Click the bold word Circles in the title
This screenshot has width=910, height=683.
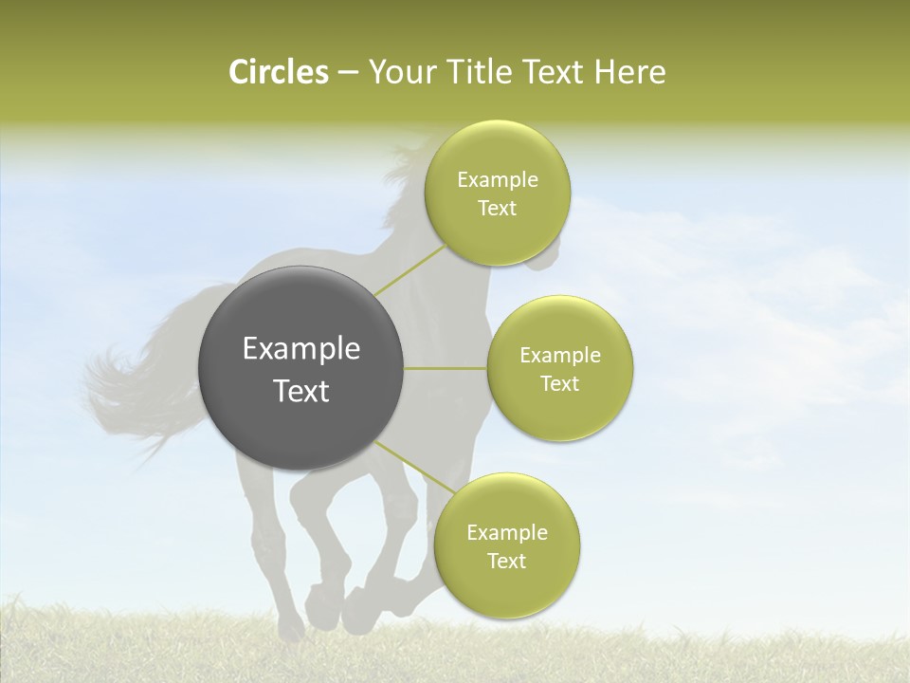pyautogui.click(x=278, y=72)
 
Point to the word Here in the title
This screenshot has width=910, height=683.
pyautogui.click(x=629, y=72)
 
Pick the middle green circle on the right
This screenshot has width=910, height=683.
pyautogui.click(x=560, y=413)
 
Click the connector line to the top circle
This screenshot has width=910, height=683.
pyautogui.click(x=409, y=269)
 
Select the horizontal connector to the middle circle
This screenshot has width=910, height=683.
pyautogui.click(x=446, y=368)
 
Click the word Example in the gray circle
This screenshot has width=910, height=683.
pyautogui.click(x=301, y=349)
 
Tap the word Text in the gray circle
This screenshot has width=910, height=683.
pyautogui.click(x=301, y=391)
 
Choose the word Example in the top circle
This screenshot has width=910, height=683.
pyautogui.click(x=498, y=180)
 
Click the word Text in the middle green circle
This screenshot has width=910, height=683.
pyautogui.click(x=560, y=383)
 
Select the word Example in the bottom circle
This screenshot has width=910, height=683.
pyautogui.click(x=507, y=533)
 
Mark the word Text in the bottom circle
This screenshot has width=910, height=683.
pyautogui.click(x=507, y=561)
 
